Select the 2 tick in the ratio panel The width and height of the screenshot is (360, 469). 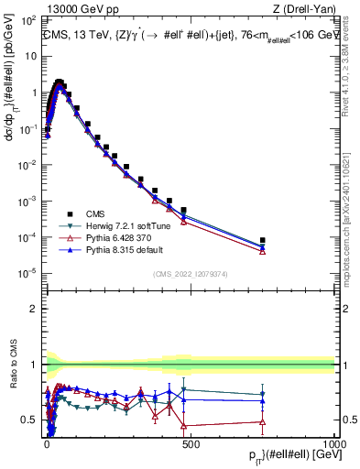[x=34, y=309]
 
